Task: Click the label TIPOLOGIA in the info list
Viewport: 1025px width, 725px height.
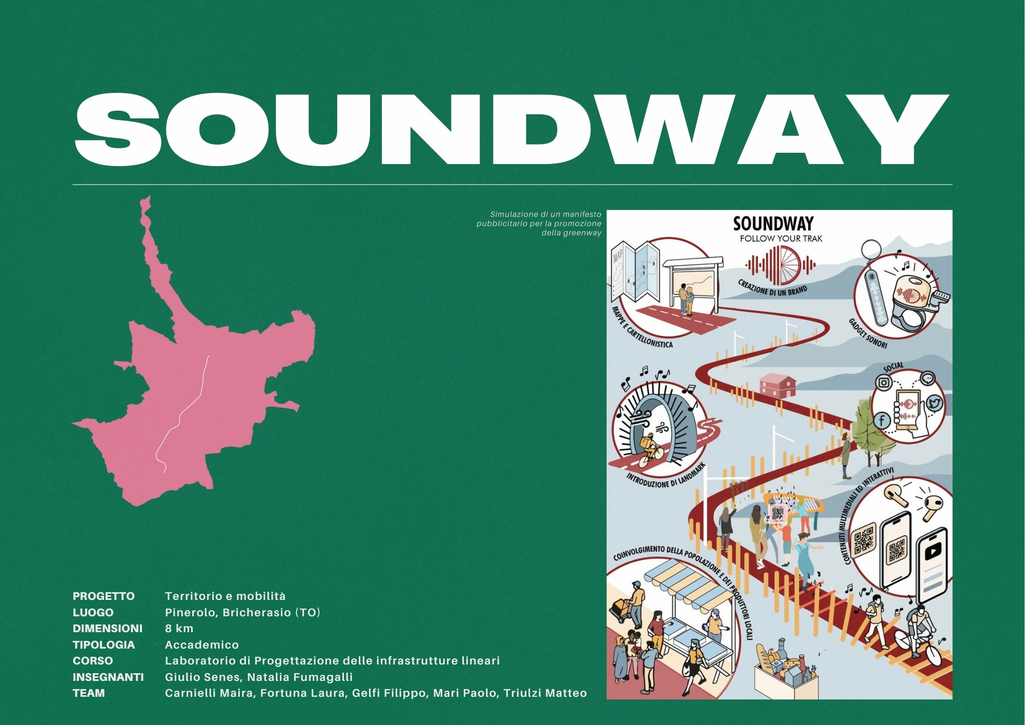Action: pyautogui.click(x=104, y=645)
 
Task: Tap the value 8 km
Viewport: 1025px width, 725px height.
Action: pyautogui.click(x=179, y=628)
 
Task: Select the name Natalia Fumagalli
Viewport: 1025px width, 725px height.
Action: pyautogui.click(x=300, y=677)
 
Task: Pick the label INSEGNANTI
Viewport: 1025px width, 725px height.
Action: pyautogui.click(x=108, y=677)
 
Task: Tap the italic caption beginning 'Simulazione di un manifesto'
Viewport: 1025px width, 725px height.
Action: pyautogui.click(x=539, y=224)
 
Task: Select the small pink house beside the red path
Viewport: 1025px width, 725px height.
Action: pyautogui.click(x=777, y=386)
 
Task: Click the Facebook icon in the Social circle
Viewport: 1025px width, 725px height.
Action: pyautogui.click(x=881, y=420)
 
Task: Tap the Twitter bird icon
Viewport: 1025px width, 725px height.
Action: pyautogui.click(x=934, y=404)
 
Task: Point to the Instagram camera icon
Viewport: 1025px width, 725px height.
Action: pyautogui.click(x=884, y=382)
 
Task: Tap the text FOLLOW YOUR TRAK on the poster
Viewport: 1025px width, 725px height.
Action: pyautogui.click(x=781, y=238)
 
